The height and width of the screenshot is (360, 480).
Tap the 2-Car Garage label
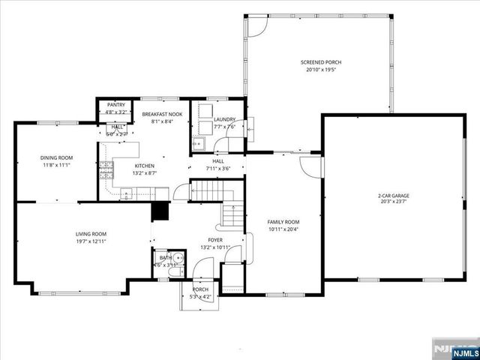coord(393,196)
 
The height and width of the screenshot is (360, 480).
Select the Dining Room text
coord(55,157)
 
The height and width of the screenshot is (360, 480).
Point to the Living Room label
coord(91,235)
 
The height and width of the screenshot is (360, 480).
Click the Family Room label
coord(283,222)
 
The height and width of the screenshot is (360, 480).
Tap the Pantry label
coord(115,105)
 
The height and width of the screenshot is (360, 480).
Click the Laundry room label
coord(224,119)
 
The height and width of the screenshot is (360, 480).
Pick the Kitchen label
coord(144,166)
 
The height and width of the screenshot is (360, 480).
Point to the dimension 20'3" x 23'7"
coord(393,202)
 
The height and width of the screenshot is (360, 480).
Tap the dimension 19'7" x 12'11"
coord(91,241)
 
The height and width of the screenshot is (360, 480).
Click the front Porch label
coord(200,289)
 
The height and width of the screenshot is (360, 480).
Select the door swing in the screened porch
coord(256,25)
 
